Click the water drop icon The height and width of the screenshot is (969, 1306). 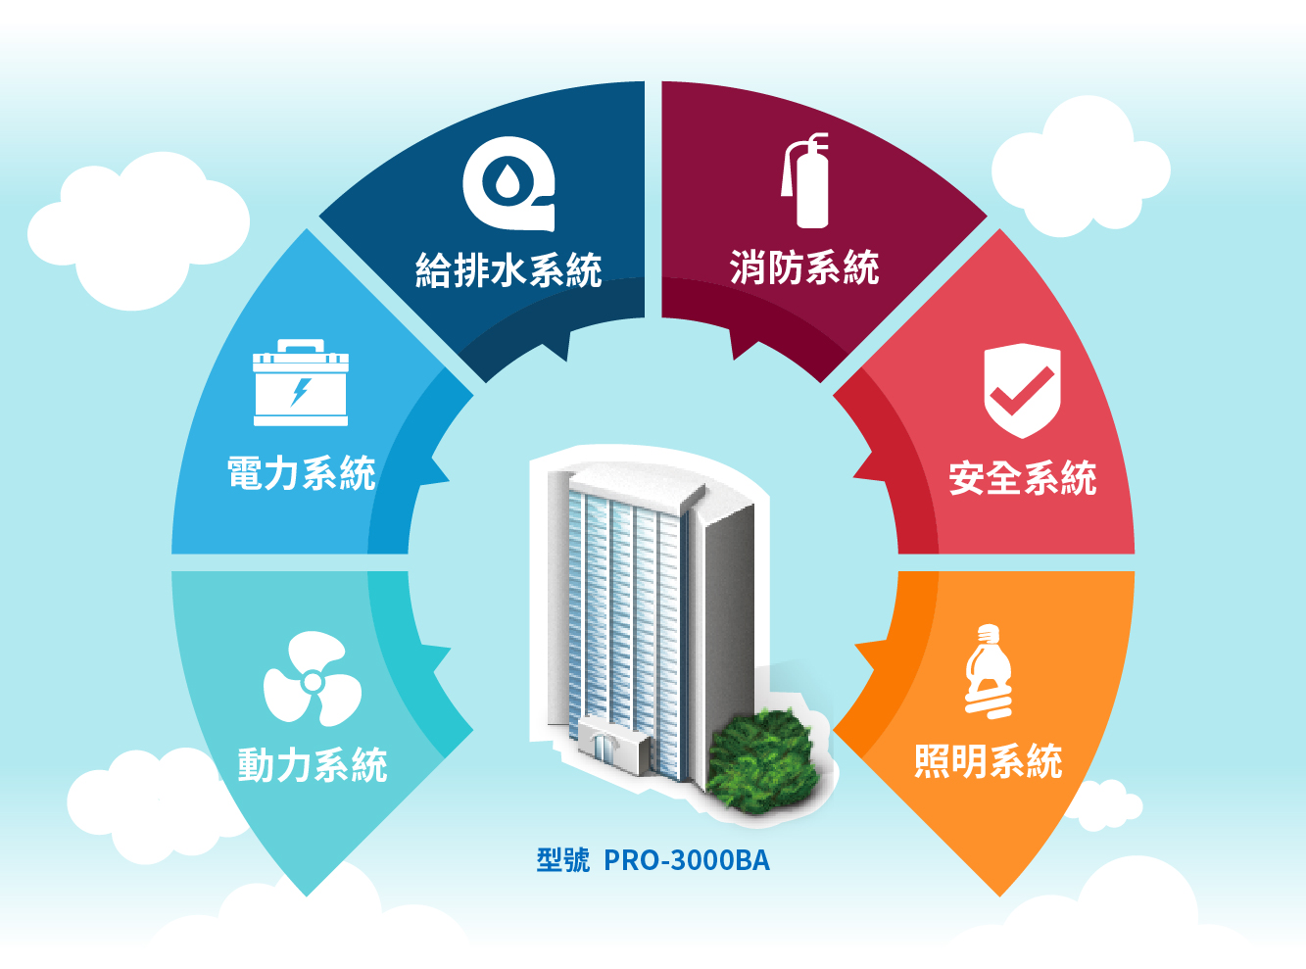(x=508, y=182)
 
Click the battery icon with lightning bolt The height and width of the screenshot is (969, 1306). (x=301, y=384)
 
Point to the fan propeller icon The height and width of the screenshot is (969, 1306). (x=312, y=680)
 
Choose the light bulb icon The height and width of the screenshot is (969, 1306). (x=988, y=672)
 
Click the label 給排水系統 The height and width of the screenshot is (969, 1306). (x=508, y=270)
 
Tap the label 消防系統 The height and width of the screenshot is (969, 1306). (x=804, y=267)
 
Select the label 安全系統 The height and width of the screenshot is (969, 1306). (x=1023, y=478)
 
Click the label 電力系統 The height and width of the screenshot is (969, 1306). (x=302, y=473)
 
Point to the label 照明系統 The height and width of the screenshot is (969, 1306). (x=989, y=761)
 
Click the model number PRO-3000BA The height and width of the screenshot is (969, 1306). (x=687, y=860)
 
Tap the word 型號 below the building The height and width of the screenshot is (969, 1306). (x=563, y=860)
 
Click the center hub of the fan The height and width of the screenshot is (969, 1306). (x=312, y=681)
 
